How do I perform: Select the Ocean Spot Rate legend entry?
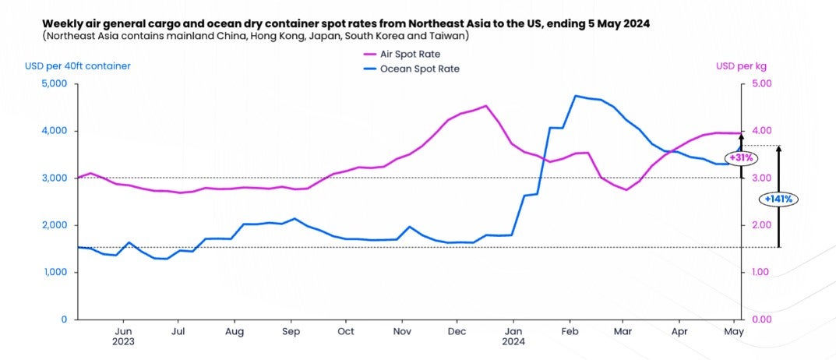tap(411, 69)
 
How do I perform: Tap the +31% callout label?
tap(741, 158)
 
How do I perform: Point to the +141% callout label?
tap(778, 199)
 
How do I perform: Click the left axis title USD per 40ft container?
tap(78, 65)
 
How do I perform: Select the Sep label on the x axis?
tap(291, 332)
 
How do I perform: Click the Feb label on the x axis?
tap(570, 332)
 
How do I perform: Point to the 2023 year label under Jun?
tap(123, 342)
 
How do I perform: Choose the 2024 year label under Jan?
tap(513, 342)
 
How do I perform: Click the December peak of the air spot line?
tap(486, 106)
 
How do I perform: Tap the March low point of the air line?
tap(626, 190)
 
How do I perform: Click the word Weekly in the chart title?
tap(61, 24)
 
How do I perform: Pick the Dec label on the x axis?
tap(457, 332)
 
